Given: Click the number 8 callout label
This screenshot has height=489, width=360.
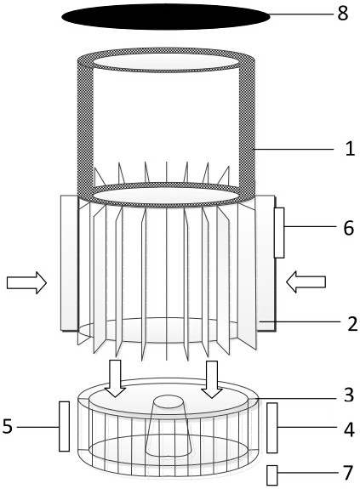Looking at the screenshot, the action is click(x=342, y=14).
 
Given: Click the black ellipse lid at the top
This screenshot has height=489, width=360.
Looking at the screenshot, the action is click(x=165, y=16).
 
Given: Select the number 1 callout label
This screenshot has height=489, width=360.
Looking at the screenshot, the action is click(x=350, y=149).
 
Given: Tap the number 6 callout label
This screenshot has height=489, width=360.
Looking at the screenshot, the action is click(x=348, y=228).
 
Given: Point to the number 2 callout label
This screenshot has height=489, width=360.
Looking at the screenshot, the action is click(x=352, y=324).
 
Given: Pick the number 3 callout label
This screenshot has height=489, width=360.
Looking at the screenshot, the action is click(x=349, y=395).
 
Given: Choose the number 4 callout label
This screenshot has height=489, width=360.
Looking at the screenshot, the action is click(x=349, y=429).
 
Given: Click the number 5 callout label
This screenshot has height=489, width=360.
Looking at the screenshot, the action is click(x=8, y=426).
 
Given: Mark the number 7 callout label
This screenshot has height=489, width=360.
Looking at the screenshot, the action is click(x=348, y=473).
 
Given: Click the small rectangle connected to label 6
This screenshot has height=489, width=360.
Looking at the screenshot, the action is click(x=279, y=233).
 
